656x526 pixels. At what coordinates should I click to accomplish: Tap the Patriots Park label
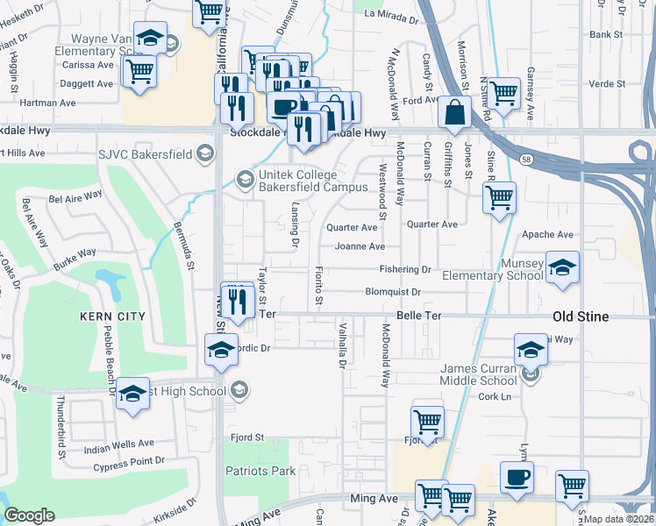[x=260, y=471]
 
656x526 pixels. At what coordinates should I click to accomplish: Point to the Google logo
[x=29, y=515]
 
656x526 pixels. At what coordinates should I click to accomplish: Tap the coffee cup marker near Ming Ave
[x=517, y=479]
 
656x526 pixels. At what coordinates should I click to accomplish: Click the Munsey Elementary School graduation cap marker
[x=562, y=268]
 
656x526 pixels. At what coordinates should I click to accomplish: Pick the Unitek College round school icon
[x=246, y=181]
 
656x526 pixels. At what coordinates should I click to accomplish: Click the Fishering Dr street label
[x=405, y=269]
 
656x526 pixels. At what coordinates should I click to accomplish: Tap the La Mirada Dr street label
[x=394, y=14]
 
